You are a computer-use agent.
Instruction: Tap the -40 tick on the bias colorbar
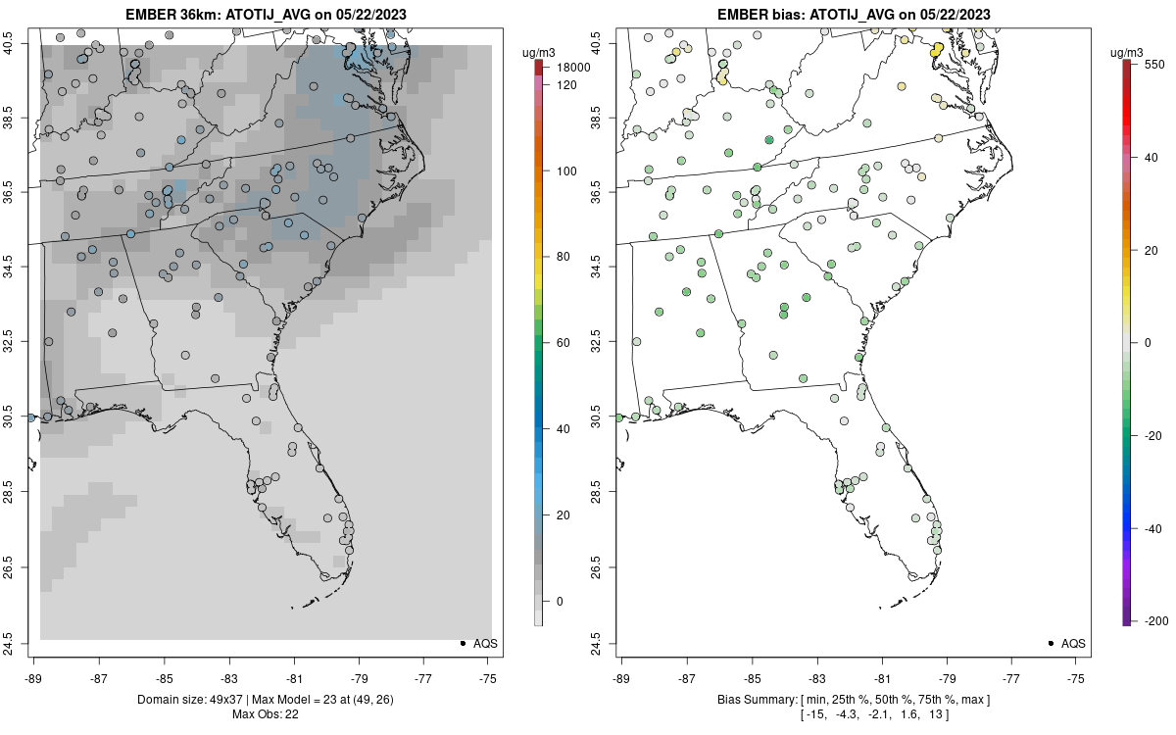[1152, 528]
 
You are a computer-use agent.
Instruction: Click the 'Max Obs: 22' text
[266, 713]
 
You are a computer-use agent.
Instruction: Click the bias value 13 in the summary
[934, 714]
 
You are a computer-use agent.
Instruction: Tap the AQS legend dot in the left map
[462, 643]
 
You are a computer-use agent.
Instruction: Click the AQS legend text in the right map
[1073, 643]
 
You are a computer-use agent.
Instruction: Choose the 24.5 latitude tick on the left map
[21, 643]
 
